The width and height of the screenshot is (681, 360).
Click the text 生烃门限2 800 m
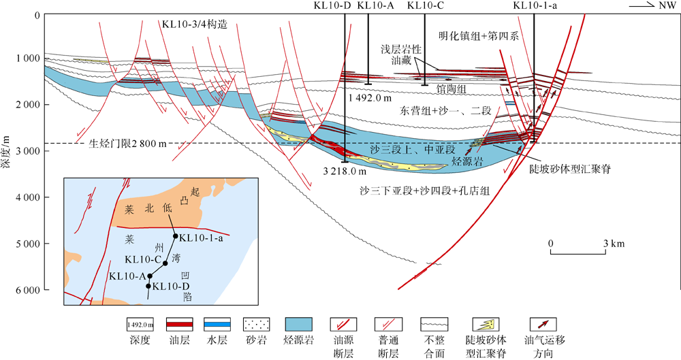click(129, 144)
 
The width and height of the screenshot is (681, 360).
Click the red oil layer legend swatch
click(179, 324)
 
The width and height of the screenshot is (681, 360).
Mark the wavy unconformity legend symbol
click(436, 324)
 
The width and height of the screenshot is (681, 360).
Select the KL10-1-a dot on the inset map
click(176, 237)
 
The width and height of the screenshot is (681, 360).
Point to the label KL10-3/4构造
click(194, 24)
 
